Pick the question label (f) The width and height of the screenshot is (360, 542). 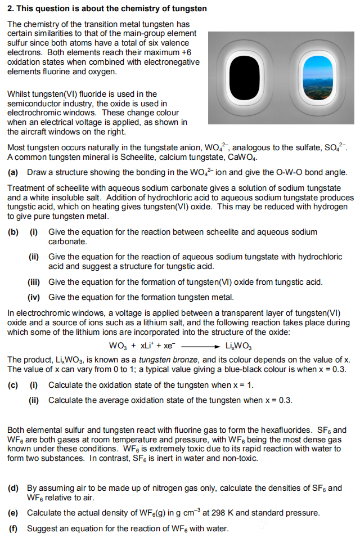[12, 528]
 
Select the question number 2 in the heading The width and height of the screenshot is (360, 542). [10, 8]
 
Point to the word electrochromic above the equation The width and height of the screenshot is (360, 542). [42, 313]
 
